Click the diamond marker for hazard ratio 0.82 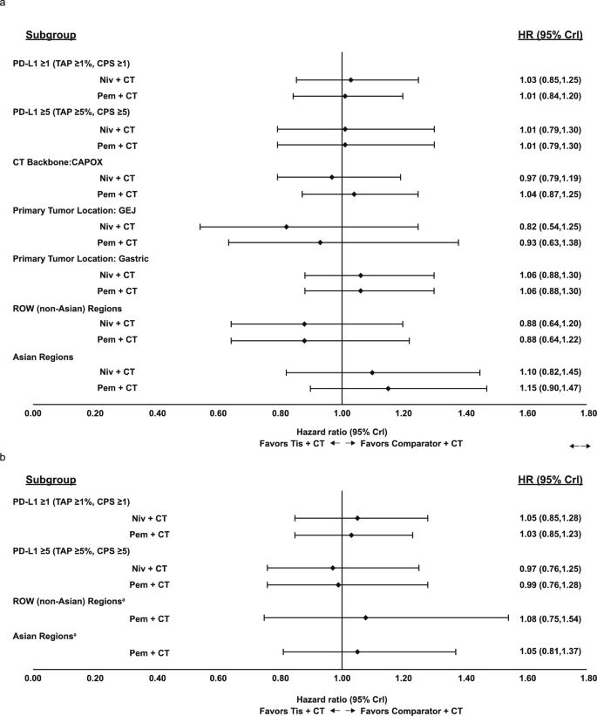click(x=286, y=227)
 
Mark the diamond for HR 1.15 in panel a click(x=388, y=388)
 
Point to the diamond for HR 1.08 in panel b click(x=366, y=618)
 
